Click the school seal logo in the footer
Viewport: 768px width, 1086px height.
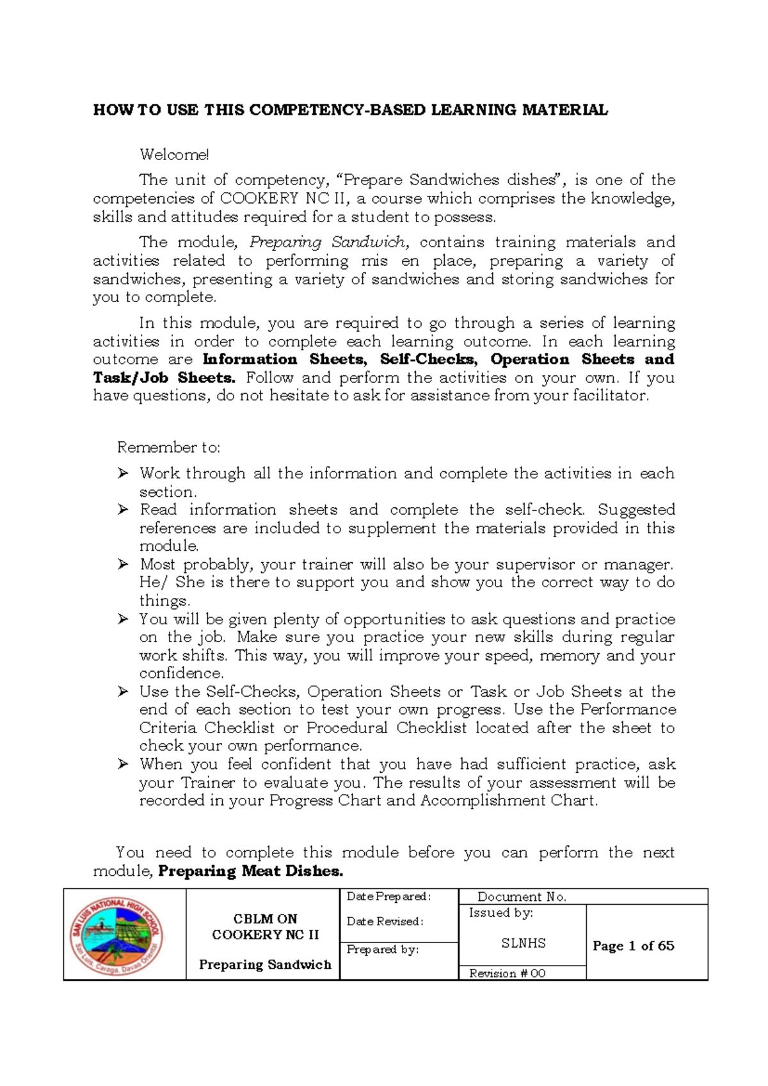[x=116, y=934]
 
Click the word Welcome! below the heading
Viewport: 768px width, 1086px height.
[x=174, y=154]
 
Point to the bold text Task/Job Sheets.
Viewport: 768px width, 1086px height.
[x=164, y=378]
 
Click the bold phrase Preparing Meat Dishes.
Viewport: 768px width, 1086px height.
[x=250, y=871]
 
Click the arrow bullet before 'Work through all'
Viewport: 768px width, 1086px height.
[x=123, y=474]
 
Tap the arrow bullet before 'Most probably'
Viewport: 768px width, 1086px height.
[x=123, y=565]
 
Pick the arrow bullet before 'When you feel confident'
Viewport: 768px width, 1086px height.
[x=123, y=765]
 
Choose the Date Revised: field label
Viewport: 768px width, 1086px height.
[x=385, y=921]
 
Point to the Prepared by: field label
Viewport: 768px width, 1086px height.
[x=382, y=950]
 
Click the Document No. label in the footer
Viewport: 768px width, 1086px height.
[x=522, y=897]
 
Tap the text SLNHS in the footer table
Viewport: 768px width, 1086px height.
[x=523, y=943]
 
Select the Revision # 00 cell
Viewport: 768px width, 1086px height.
[x=507, y=973]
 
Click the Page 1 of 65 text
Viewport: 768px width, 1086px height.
[x=633, y=946]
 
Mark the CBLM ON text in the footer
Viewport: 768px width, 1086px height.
[x=265, y=918]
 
